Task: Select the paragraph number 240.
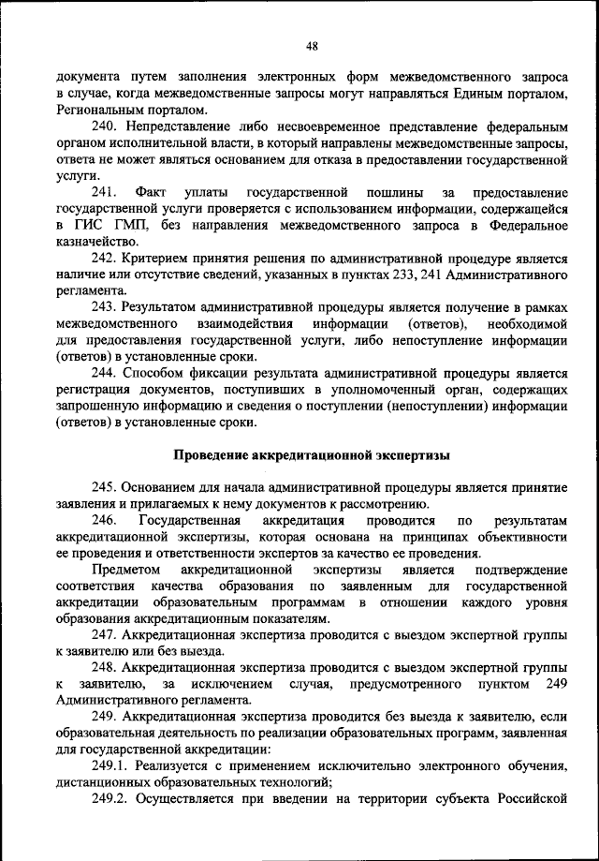point(104,126)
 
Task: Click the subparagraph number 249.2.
point(110,800)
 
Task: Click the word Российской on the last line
point(534,800)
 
